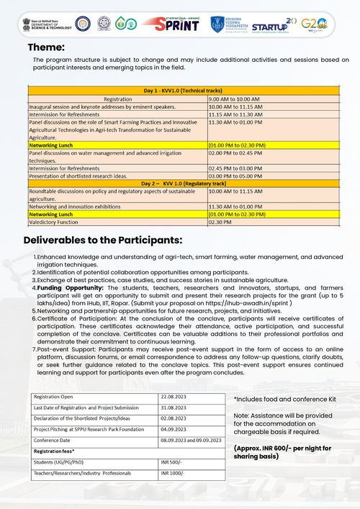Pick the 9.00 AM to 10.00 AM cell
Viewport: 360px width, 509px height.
pos(238,98)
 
